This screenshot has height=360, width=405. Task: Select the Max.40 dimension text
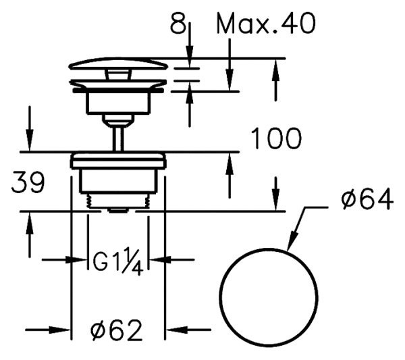pos(266,24)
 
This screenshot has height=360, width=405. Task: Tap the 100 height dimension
pos(276,138)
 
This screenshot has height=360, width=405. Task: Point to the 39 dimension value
pos(28,183)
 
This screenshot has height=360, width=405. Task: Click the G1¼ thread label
pos(118,261)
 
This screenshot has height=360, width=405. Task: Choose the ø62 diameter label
pos(116,330)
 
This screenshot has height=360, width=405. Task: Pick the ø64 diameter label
pos(367,199)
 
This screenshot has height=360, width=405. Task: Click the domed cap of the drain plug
pos(118,63)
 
